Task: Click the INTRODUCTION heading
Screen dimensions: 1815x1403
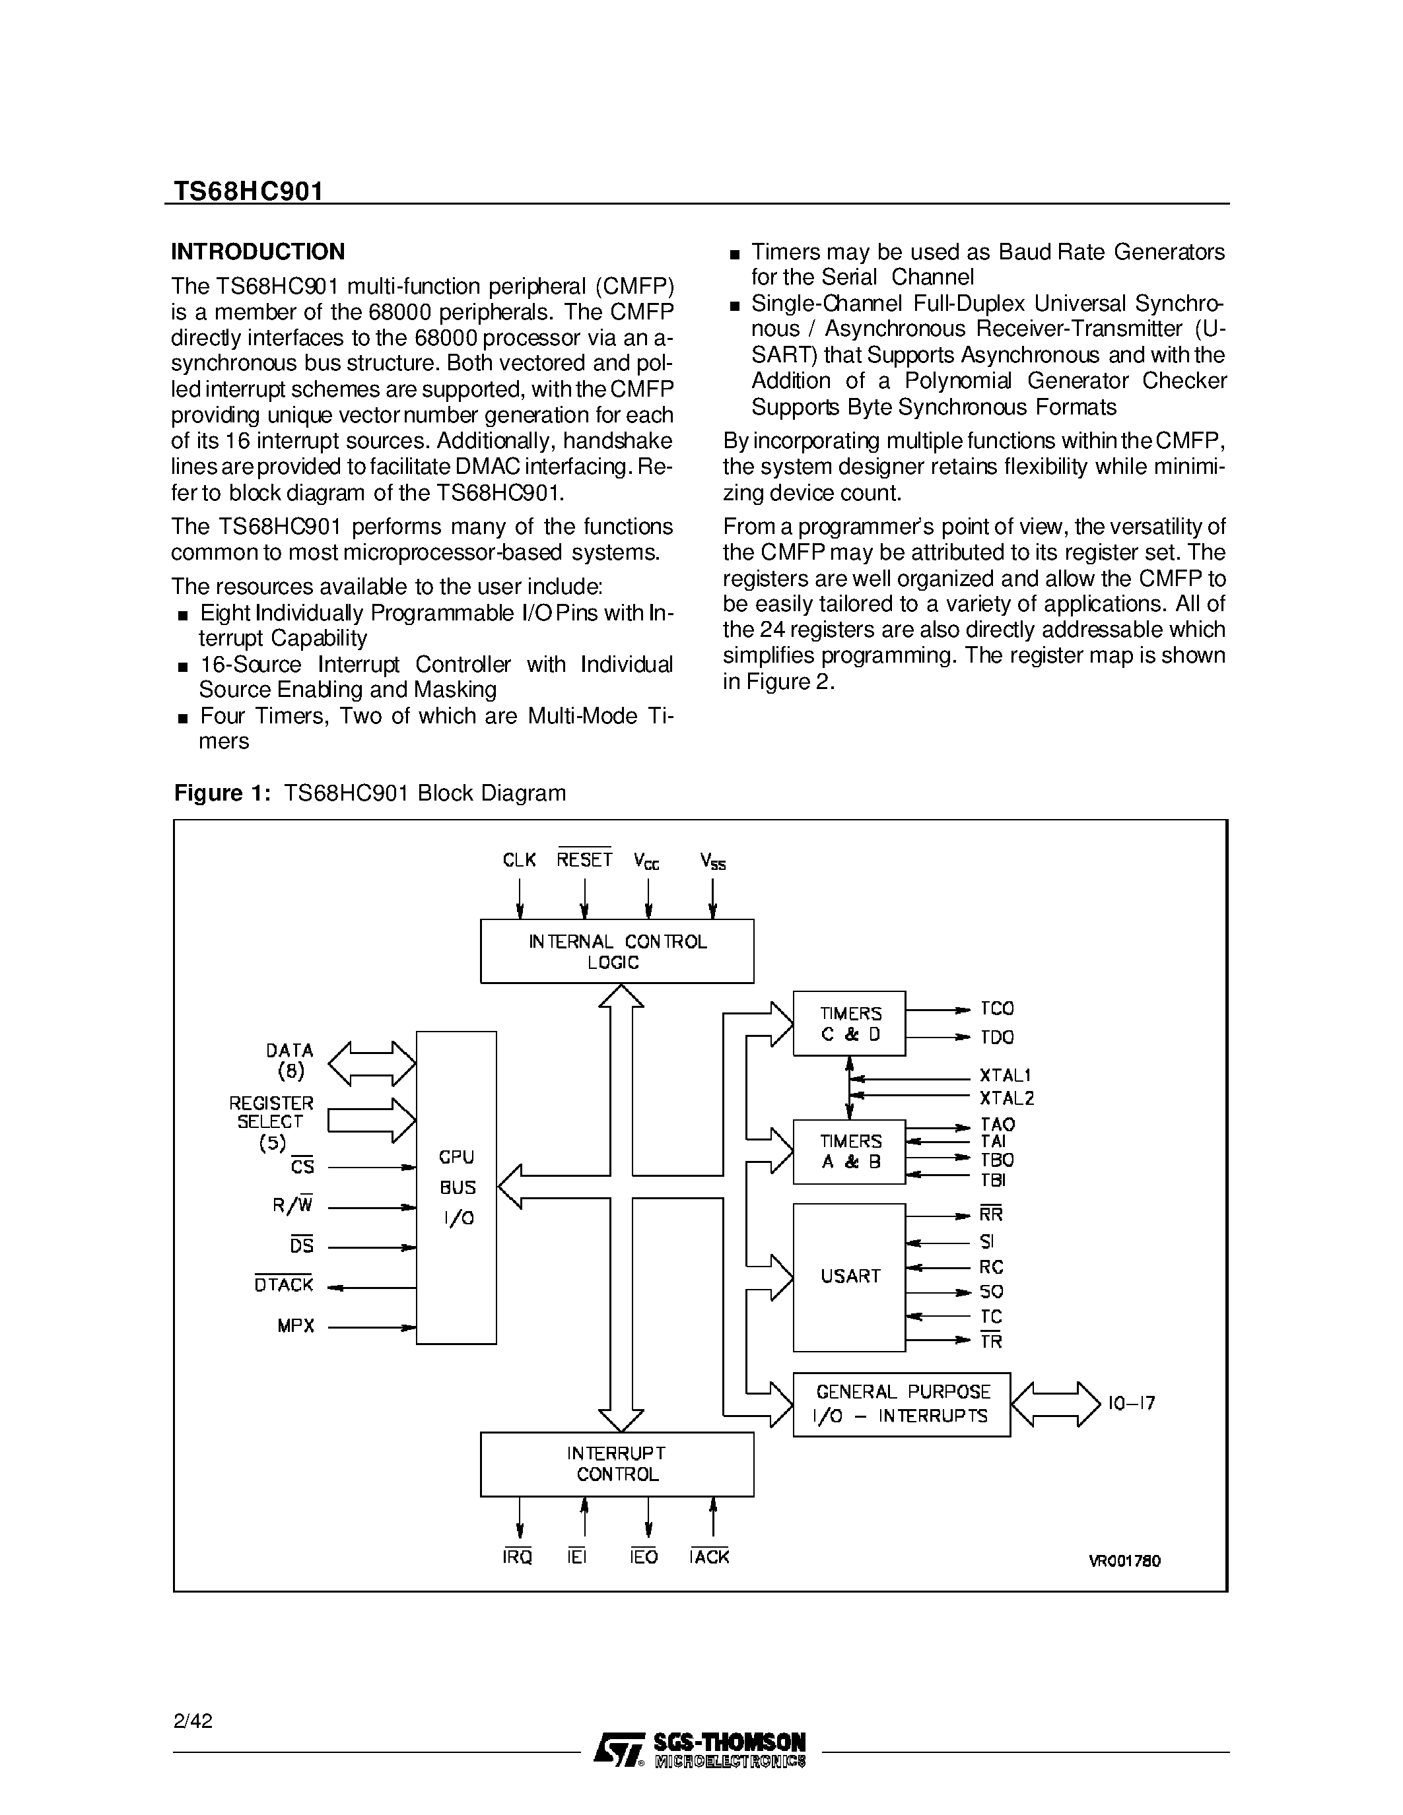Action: (257, 252)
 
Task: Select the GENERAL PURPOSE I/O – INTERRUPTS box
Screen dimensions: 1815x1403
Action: (901, 1404)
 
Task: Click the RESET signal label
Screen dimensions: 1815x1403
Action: (584, 859)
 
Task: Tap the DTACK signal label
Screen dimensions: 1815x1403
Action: (283, 1285)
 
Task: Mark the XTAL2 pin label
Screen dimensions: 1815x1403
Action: (1007, 1099)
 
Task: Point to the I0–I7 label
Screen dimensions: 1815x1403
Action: (1131, 1404)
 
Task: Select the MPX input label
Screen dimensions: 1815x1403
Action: (296, 1327)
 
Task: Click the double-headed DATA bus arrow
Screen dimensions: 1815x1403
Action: (372, 1064)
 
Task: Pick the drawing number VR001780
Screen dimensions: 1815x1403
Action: (1124, 1561)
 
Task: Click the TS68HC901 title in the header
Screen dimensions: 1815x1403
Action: (248, 191)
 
